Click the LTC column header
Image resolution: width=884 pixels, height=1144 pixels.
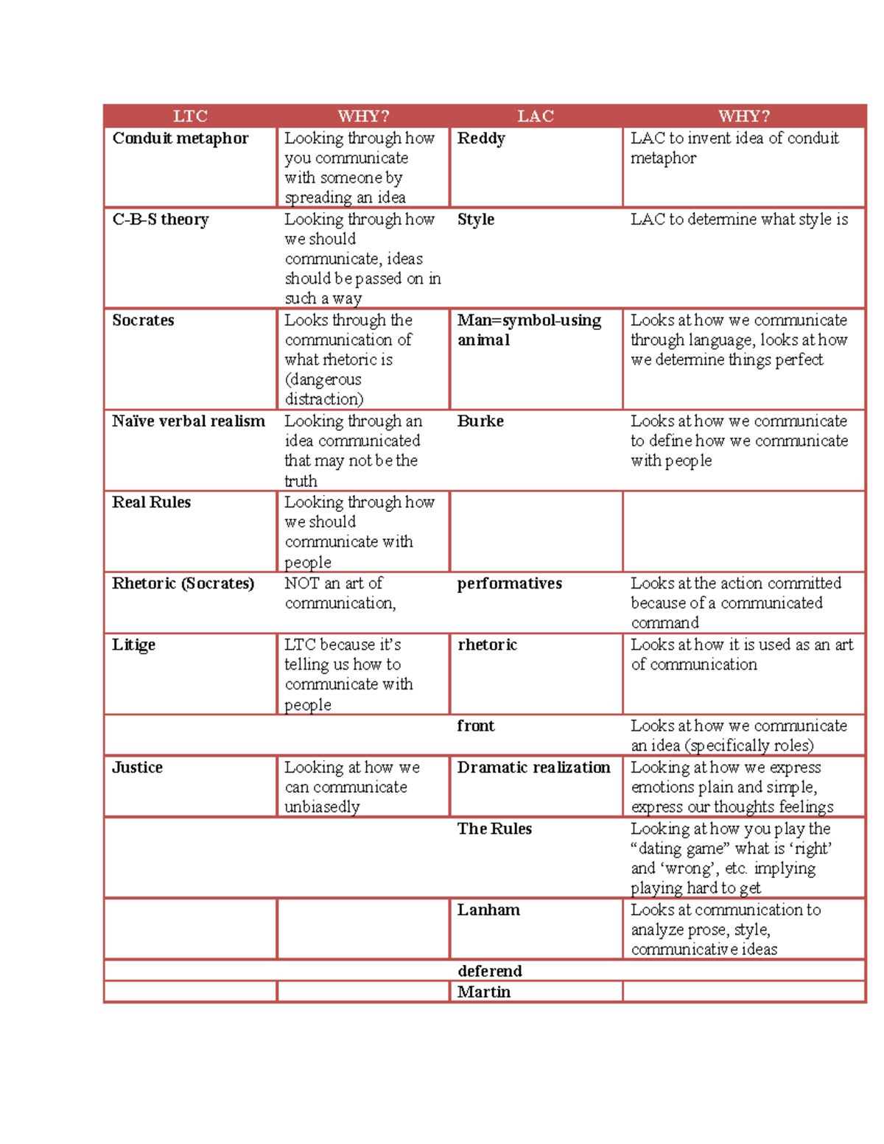(x=190, y=116)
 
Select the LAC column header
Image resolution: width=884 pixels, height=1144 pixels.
(x=536, y=116)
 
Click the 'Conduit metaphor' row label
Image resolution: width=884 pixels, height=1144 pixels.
(x=180, y=138)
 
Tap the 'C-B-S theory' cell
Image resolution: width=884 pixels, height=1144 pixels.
(x=161, y=220)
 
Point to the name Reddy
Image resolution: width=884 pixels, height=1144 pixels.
(x=481, y=138)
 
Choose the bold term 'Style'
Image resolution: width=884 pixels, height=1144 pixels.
(x=476, y=220)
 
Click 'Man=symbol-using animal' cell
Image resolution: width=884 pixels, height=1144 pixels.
(x=529, y=330)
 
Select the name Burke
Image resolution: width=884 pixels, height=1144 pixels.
(x=480, y=421)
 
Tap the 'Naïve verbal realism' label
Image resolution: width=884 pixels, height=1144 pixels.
(x=189, y=421)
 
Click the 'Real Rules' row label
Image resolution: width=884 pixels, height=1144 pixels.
(x=151, y=502)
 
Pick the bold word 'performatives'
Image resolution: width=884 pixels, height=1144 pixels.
(x=509, y=583)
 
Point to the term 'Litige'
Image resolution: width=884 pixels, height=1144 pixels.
(x=133, y=645)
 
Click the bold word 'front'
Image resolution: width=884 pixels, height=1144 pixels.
(x=476, y=726)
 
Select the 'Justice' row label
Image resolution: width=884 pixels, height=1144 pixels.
(x=137, y=768)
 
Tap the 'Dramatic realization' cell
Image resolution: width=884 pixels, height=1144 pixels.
(x=533, y=768)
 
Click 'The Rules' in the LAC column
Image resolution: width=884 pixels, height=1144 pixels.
(x=494, y=829)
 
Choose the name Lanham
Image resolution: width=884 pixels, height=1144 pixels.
(x=488, y=910)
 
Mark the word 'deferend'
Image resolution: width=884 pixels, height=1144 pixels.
(x=490, y=971)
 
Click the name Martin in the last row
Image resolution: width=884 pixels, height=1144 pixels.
(x=484, y=992)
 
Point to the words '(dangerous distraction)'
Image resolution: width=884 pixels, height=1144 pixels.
(x=324, y=389)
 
